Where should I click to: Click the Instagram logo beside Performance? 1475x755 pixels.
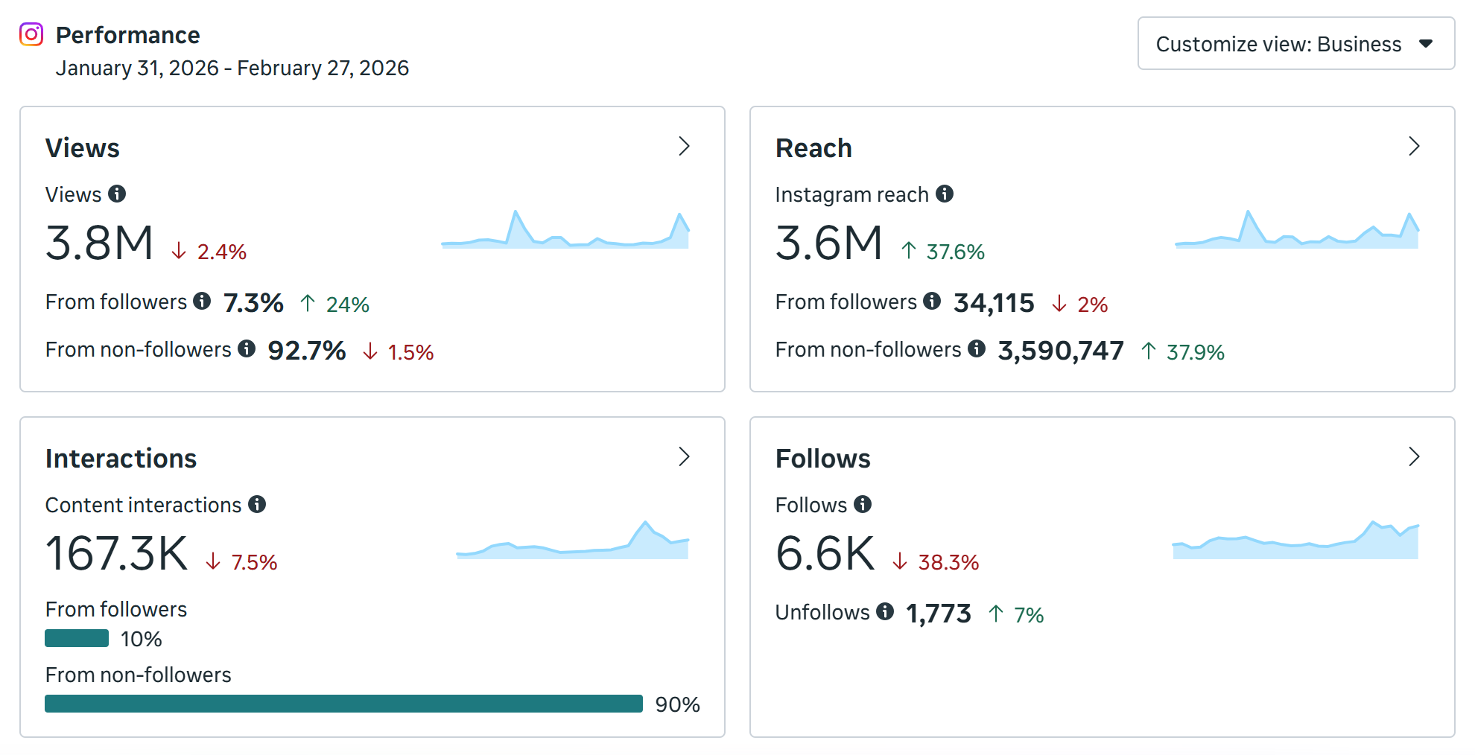[31, 34]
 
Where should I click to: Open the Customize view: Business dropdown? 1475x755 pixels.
[1295, 44]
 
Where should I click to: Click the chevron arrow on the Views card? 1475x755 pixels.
[684, 147]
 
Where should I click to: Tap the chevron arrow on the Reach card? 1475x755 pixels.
[1414, 147]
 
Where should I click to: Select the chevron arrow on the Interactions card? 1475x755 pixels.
[684, 457]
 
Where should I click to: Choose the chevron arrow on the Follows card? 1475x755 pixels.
[1414, 457]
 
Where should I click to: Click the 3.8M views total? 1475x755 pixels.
[99, 243]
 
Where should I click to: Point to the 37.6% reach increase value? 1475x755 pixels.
[955, 252]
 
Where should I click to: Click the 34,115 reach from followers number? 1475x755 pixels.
[994, 303]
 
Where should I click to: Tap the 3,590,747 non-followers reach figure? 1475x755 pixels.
[1060, 351]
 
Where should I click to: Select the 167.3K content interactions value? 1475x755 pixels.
[117, 554]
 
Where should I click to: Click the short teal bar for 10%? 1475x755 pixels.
[77, 638]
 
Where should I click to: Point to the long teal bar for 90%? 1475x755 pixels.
[343, 704]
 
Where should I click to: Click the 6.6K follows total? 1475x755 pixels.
[825, 554]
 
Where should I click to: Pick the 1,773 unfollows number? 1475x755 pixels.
[938, 614]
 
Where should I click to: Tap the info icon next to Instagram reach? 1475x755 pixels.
[945, 194]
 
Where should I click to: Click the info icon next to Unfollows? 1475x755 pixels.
[885, 611]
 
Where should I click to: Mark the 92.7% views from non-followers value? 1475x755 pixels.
[306, 351]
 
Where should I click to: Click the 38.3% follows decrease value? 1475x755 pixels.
[948, 563]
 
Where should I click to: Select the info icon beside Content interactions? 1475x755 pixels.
[257, 504]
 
